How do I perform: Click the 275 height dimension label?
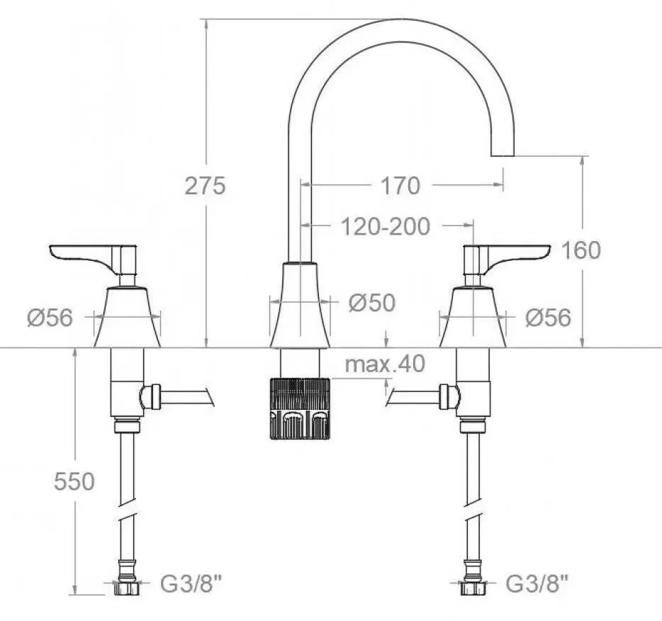pos(205,186)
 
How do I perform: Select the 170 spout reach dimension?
pos(400,186)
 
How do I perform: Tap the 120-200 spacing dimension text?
pos(385,227)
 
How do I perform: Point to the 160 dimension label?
pos(581,250)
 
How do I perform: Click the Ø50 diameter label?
pos(372,302)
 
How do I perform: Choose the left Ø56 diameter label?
pos(50,318)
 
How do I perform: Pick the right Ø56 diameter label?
pos(548,318)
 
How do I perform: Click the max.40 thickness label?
pos(385,364)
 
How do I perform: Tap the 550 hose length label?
pos(74,481)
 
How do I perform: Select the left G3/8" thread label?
pos(191,584)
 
